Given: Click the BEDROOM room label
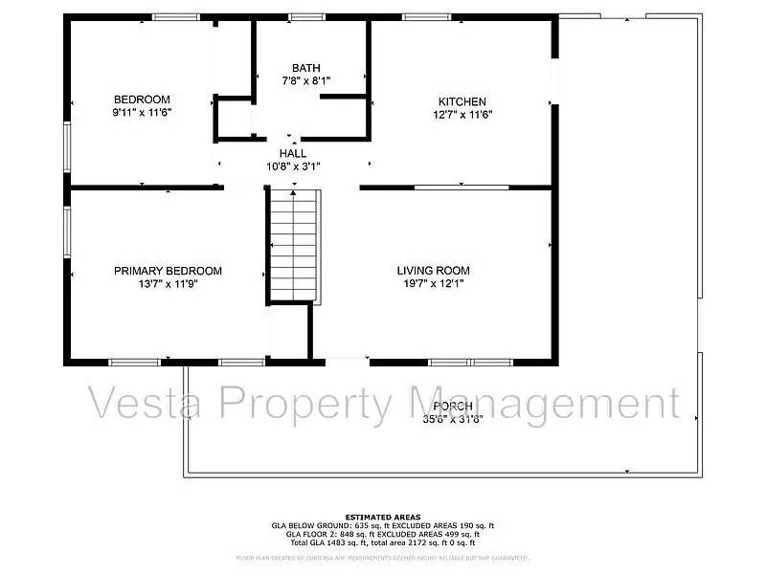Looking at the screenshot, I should pos(142,99).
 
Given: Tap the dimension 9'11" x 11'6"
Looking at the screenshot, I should pos(142,112).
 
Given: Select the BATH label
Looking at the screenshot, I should pos(306,68).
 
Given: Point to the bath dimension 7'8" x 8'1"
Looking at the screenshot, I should pos(306,80).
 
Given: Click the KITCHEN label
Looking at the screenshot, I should pos(462,101).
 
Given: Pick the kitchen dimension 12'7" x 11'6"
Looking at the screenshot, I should pos(462,114).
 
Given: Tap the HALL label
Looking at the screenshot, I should pos(293,153).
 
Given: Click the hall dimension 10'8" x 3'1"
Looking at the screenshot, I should pos(293,166).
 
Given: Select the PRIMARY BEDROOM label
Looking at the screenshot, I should pos(168,271).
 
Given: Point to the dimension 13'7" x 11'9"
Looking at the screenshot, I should pos(168,283).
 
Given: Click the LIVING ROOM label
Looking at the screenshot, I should pos(434,271).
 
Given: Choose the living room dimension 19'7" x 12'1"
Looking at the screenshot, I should pos(434,283).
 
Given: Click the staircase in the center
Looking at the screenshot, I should pos(293,244).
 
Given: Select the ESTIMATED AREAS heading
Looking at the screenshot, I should pos(382,517).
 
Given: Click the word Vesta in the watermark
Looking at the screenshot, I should pos(140,404).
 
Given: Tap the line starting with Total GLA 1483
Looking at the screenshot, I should pos(382,542).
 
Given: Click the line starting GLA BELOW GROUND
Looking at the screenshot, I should pos(382,525).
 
